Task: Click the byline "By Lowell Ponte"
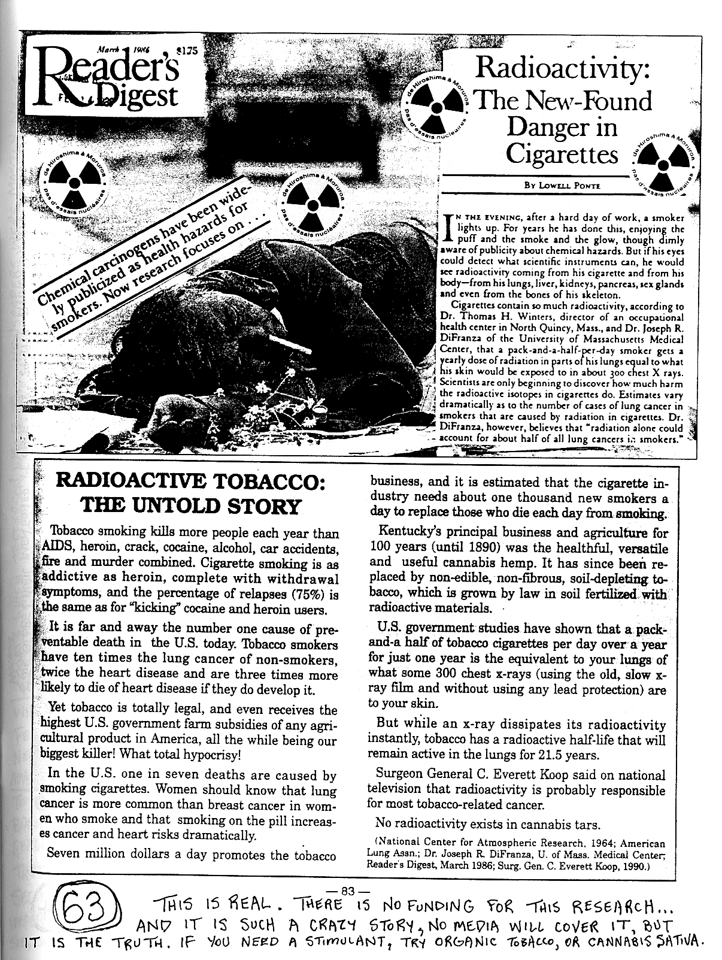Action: tap(563, 186)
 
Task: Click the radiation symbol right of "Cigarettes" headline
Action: tap(664, 165)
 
